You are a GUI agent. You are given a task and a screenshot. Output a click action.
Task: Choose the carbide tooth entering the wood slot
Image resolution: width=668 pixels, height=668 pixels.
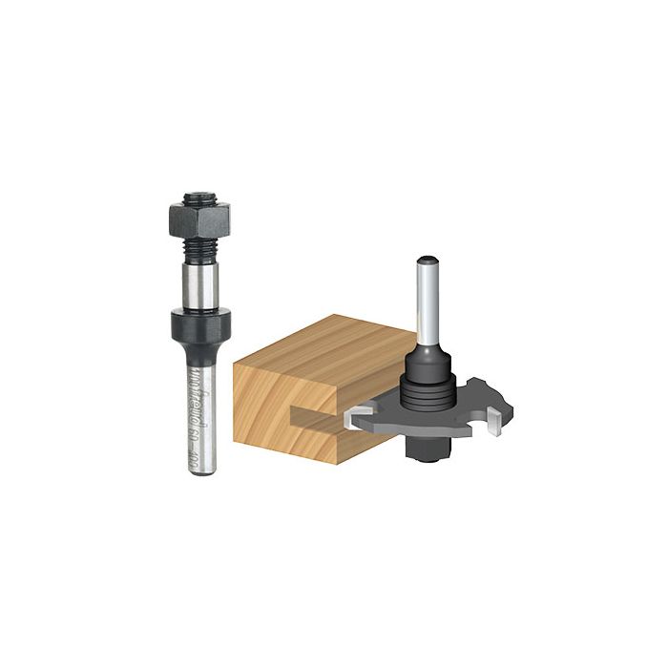359,416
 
